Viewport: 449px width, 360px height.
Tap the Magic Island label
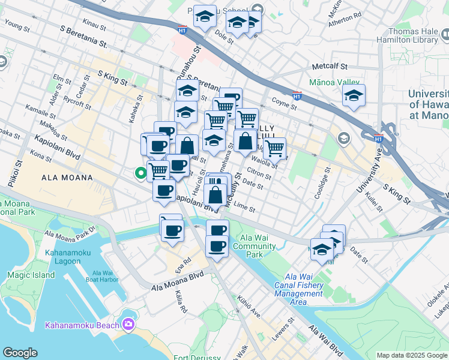point(31,275)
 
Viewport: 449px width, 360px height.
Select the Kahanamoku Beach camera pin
point(128,325)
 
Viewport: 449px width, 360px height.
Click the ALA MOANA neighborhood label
point(67,178)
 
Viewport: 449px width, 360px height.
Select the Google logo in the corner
point(20,353)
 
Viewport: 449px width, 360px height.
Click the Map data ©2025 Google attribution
point(411,355)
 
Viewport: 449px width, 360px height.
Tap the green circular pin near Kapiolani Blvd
point(140,174)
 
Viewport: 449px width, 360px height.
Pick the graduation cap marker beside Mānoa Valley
point(354,95)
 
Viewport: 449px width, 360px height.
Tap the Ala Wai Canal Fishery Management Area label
point(298,285)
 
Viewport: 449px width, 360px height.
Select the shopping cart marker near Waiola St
point(274,147)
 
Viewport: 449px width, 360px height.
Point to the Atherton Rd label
point(345,20)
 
